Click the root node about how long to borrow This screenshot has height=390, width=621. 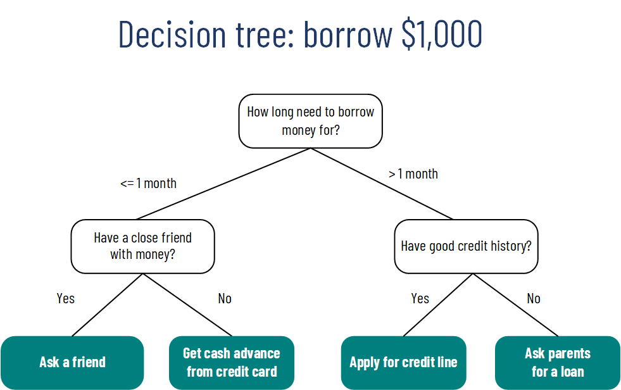pyautogui.click(x=310, y=121)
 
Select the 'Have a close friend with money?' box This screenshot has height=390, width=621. pyautogui.click(x=142, y=246)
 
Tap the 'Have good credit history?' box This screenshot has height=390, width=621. pyautogui.click(x=466, y=246)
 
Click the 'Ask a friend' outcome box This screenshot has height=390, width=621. pyautogui.click(x=72, y=362)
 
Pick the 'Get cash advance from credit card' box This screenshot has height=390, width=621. pyautogui.click(x=232, y=362)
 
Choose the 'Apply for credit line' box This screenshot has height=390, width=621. pyautogui.click(x=403, y=362)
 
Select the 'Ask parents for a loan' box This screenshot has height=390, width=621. pyautogui.click(x=557, y=362)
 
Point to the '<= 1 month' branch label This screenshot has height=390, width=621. pyautogui.click(x=148, y=184)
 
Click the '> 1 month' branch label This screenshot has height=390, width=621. pyautogui.click(x=413, y=174)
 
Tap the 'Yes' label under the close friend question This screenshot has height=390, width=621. pyautogui.click(x=65, y=298)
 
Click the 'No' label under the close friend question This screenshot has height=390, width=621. pyautogui.click(x=225, y=298)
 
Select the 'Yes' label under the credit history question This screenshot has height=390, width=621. pyautogui.click(x=420, y=298)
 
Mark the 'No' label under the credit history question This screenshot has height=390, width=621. pyautogui.click(x=534, y=298)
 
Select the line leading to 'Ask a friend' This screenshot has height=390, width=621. pyautogui.click(x=108, y=305)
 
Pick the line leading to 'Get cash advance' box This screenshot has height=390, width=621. pyautogui.click(x=187, y=305)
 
